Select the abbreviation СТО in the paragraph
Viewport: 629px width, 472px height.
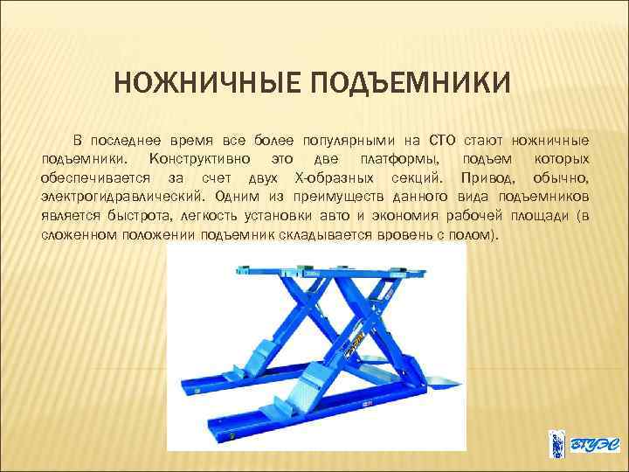446,141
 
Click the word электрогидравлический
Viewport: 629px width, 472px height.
122,198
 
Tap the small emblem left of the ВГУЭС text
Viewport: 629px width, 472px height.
555,443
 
